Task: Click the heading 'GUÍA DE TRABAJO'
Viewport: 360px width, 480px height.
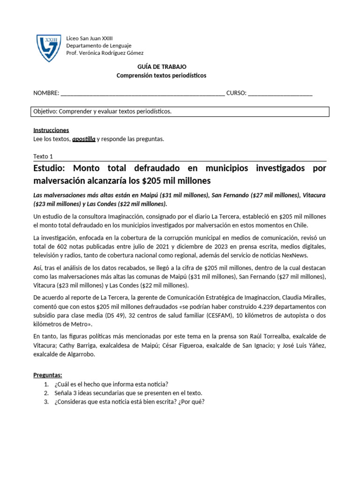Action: pyautogui.click(x=161, y=67)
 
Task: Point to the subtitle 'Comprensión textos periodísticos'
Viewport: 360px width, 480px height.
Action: pyautogui.click(x=161, y=75)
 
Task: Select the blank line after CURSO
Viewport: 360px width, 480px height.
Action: pyautogui.click(x=280, y=93)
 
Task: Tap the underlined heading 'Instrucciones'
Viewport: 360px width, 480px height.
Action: pyautogui.click(x=51, y=130)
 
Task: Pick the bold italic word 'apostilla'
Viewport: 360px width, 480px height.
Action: pyautogui.click(x=84, y=139)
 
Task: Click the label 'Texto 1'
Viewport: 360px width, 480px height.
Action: pyautogui.click(x=44, y=157)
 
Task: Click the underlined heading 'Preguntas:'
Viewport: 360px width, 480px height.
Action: pyautogui.click(x=48, y=375)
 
